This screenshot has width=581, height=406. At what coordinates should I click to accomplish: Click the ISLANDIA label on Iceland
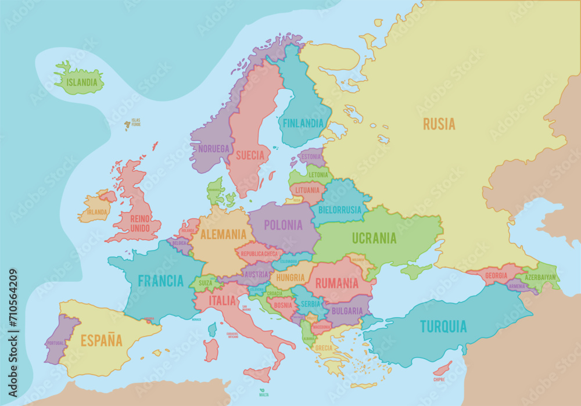pyautogui.click(x=82, y=82)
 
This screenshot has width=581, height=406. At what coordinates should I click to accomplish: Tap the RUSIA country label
pyautogui.click(x=439, y=124)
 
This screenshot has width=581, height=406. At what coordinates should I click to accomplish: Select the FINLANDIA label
pyautogui.click(x=303, y=123)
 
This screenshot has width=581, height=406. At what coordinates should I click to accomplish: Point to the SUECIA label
pyautogui.click(x=250, y=155)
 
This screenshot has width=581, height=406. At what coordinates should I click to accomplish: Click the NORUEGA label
pyautogui.click(x=214, y=149)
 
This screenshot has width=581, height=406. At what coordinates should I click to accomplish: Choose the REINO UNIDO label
pyautogui.click(x=141, y=222)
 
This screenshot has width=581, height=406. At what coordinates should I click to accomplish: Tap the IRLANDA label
pyautogui.click(x=96, y=212)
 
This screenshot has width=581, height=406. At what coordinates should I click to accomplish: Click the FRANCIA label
pyautogui.click(x=160, y=281)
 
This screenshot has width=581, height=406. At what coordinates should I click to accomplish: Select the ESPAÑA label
pyautogui.click(x=101, y=340)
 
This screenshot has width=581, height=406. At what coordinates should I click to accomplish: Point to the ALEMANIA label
pyautogui.click(x=223, y=235)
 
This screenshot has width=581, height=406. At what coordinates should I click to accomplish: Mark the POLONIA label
pyautogui.click(x=283, y=225)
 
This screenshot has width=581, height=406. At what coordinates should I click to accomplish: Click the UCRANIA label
pyautogui.click(x=374, y=238)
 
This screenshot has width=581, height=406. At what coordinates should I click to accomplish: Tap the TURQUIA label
pyautogui.click(x=443, y=326)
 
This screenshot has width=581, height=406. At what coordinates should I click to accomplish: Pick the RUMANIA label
pyautogui.click(x=337, y=283)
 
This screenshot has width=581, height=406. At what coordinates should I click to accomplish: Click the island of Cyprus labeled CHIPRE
pyautogui.click(x=443, y=368)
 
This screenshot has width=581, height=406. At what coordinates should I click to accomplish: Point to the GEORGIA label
pyautogui.click(x=496, y=275)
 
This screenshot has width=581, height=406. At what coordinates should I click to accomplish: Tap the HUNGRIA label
pyautogui.click(x=290, y=278)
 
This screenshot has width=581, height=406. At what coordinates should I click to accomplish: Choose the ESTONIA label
pyautogui.click(x=311, y=157)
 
